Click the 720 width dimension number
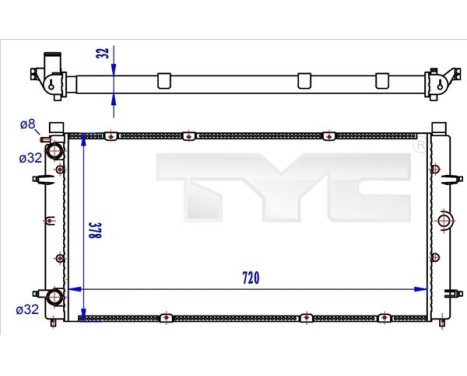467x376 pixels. [249, 277]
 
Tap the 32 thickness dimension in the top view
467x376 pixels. [104, 53]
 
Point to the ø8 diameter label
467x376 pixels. [28, 124]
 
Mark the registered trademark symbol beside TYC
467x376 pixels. [419, 146]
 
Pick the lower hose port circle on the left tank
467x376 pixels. [56, 298]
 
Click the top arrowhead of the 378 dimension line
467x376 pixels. [83, 137]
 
